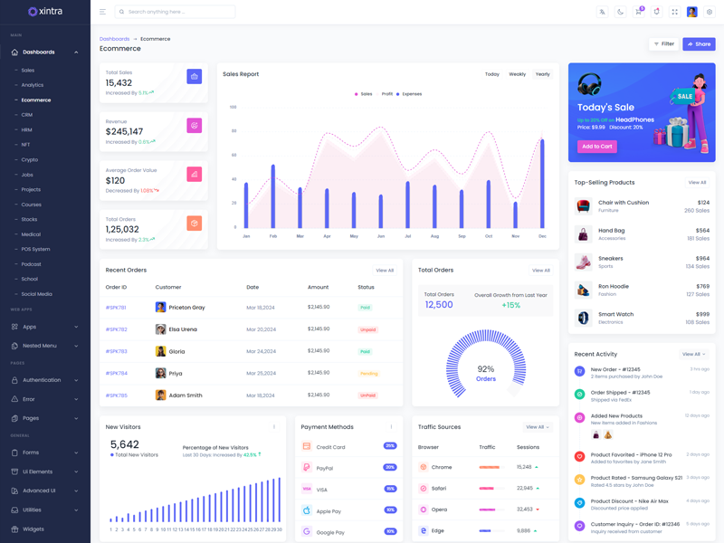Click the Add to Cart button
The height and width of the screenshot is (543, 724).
pyautogui.click(x=596, y=146)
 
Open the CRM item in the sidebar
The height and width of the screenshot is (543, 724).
pyautogui.click(x=27, y=115)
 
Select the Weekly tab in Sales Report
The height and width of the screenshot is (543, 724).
pyautogui.click(x=517, y=74)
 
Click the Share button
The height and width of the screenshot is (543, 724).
pyautogui.click(x=699, y=43)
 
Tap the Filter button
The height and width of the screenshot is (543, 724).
pyautogui.click(x=664, y=43)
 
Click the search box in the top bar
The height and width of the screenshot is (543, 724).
pyautogui.click(x=176, y=12)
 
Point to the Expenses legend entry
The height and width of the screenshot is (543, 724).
pyautogui.click(x=412, y=94)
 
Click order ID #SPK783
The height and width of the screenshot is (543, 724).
pyautogui.click(x=116, y=351)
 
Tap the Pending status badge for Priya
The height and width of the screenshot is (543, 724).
pyautogui.click(x=368, y=373)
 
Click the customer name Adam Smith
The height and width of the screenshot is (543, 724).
pyautogui.click(x=186, y=395)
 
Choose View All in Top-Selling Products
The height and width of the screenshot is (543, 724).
pyautogui.click(x=696, y=183)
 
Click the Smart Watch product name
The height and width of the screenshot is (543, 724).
pyautogui.click(x=615, y=314)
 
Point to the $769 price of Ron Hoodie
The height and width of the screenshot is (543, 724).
pyautogui.click(x=702, y=286)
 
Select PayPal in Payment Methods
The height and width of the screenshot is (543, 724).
pyautogui.click(x=324, y=468)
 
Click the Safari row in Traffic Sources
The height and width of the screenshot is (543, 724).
pyautogui.click(x=439, y=488)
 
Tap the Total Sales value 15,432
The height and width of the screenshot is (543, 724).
pyautogui.click(x=119, y=83)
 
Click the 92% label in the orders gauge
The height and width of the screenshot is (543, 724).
pyautogui.click(x=486, y=369)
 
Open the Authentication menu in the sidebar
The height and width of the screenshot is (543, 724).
pyautogui.click(x=42, y=380)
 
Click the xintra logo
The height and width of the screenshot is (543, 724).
pyautogui.click(x=45, y=12)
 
